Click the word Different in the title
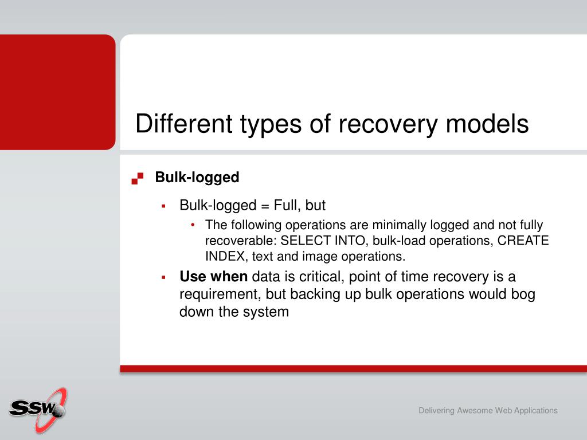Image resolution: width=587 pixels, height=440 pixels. pos(184,124)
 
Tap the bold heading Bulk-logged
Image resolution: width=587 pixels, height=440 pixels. pos(197,178)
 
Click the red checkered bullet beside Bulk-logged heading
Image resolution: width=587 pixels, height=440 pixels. pos(138,178)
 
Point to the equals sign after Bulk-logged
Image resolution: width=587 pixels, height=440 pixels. pos(265,206)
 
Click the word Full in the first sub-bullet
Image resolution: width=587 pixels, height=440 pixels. pos(288,206)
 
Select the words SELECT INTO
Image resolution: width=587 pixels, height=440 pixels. pos(323,240)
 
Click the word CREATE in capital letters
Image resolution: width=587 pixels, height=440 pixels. pos(523,240)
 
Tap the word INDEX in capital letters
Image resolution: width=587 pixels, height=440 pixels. pos(225,256)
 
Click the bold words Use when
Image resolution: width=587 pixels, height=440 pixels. pos(213,277)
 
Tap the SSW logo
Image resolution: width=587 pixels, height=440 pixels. pos(38,410)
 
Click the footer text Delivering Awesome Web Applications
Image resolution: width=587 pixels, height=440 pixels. pos(488,410)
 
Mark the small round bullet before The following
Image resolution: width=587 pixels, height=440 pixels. pos(193,225)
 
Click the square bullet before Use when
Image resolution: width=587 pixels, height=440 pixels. pos(163,277)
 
